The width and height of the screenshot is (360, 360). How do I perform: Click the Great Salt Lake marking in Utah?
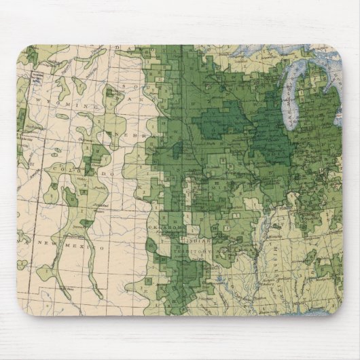coord(20,122)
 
